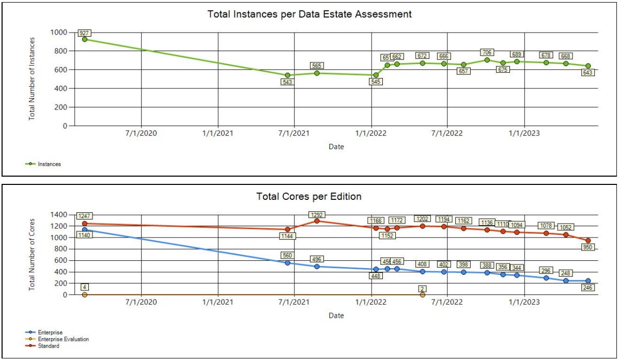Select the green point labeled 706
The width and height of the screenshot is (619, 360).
[487, 60]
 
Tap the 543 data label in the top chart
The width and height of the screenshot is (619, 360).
[288, 82]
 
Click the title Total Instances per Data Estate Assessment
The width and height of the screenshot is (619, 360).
[309, 14]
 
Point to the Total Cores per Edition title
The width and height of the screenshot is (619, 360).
[308, 197]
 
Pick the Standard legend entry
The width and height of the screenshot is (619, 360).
[51, 346]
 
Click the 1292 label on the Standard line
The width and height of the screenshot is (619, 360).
[316, 214]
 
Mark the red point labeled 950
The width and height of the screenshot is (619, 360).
[588, 241]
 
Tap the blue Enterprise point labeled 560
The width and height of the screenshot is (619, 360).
[288, 263]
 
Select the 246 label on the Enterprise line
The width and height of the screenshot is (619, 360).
[587, 288]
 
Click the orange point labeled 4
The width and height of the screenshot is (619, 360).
[85, 294]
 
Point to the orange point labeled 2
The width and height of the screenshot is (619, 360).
[423, 294]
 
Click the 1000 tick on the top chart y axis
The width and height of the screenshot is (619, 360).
[58, 33]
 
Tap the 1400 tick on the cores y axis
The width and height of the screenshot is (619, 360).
[58, 215]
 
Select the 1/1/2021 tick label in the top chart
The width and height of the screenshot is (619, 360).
[218, 133]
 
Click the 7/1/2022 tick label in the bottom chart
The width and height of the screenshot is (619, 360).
[447, 302]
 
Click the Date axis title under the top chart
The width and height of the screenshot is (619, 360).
[336, 147]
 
